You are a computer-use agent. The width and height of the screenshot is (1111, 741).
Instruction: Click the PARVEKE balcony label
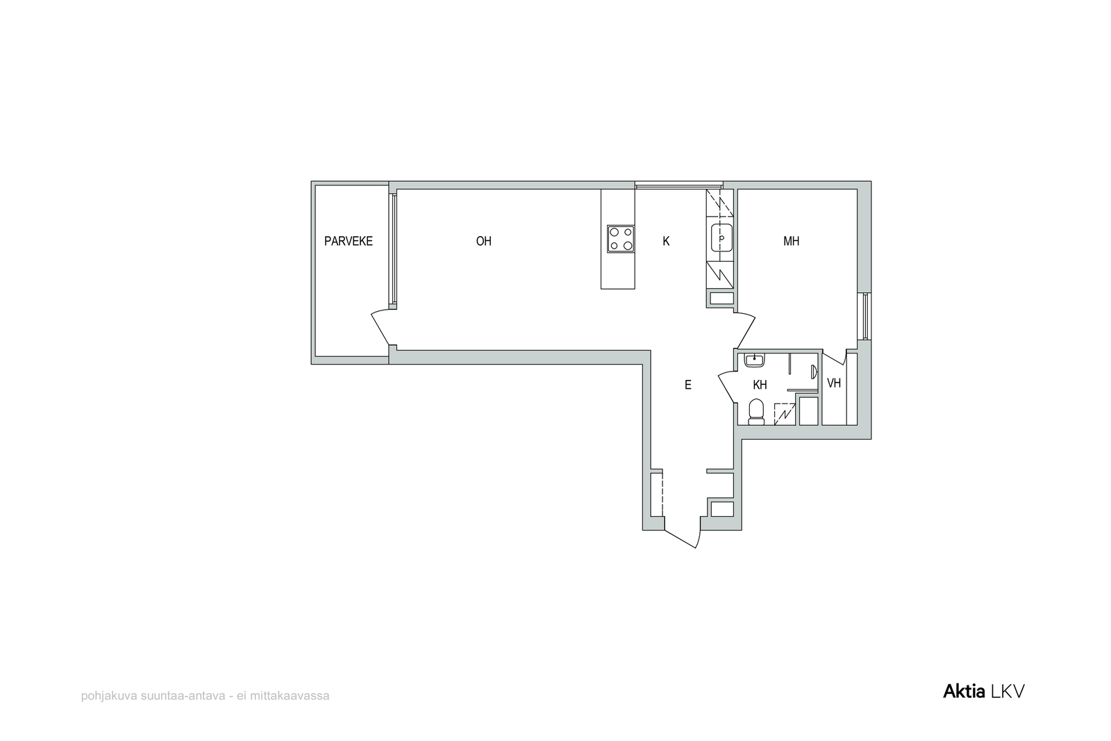tap(348, 241)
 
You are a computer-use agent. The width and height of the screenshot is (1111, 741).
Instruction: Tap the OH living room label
tap(483, 241)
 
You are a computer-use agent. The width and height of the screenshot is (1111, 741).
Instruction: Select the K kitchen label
tap(666, 241)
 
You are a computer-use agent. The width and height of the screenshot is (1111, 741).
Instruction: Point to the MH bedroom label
tap(791, 241)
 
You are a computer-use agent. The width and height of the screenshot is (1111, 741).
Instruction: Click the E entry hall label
tap(688, 384)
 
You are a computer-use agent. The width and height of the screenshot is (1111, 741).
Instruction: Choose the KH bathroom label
tap(760, 384)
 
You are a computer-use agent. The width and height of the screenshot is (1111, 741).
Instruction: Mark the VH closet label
tap(834, 383)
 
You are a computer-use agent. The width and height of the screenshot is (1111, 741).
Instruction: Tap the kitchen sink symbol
tap(721, 238)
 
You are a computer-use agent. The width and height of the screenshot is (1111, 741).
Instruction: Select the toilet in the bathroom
tap(756, 413)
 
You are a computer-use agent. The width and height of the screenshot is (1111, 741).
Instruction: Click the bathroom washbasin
tap(754, 360)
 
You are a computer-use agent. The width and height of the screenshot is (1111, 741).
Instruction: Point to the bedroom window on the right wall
tap(865, 317)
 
